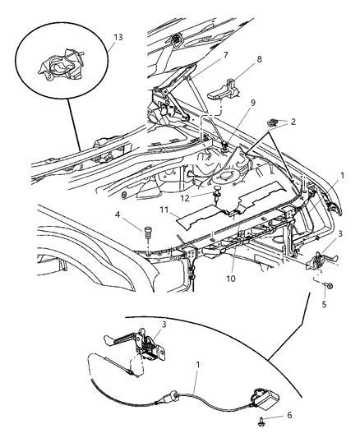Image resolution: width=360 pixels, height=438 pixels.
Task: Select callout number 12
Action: (187, 196)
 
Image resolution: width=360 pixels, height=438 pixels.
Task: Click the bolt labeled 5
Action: (327, 287)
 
